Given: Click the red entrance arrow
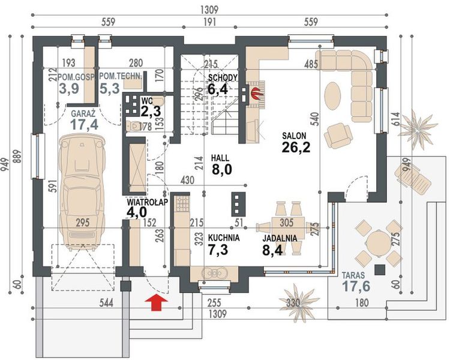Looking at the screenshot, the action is pos(156,302).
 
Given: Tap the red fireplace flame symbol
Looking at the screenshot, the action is pos(256,93).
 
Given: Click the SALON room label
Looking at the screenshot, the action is pos(294,136).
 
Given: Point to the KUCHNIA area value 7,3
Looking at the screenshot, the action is pos(218,250).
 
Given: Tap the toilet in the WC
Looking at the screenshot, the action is pos(133,125).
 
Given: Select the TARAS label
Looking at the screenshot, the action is pos(353,275).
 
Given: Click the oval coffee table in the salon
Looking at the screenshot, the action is pos(333,96).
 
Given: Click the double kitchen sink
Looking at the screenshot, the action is pos(214,273).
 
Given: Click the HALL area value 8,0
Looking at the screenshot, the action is pos(222,170).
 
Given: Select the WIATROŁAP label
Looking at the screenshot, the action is pos(147,202).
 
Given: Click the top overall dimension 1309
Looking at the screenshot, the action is pos(209,10).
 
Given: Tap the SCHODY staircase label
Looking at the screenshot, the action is pos(223,77).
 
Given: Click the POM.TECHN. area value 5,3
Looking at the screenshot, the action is pos(109,88).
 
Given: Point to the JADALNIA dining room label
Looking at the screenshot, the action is pos(280,238).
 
